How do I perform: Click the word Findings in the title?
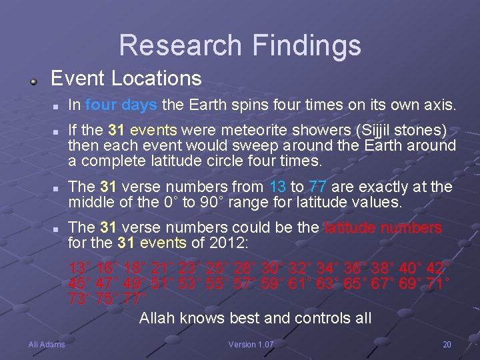point(306,45)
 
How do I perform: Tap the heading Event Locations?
point(126,79)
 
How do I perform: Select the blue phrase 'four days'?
point(121,105)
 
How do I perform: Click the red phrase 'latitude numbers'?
point(382,228)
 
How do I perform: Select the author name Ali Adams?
point(47,345)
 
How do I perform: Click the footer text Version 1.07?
point(251,345)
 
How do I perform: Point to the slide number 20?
point(447,345)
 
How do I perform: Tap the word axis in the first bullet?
point(439,105)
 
